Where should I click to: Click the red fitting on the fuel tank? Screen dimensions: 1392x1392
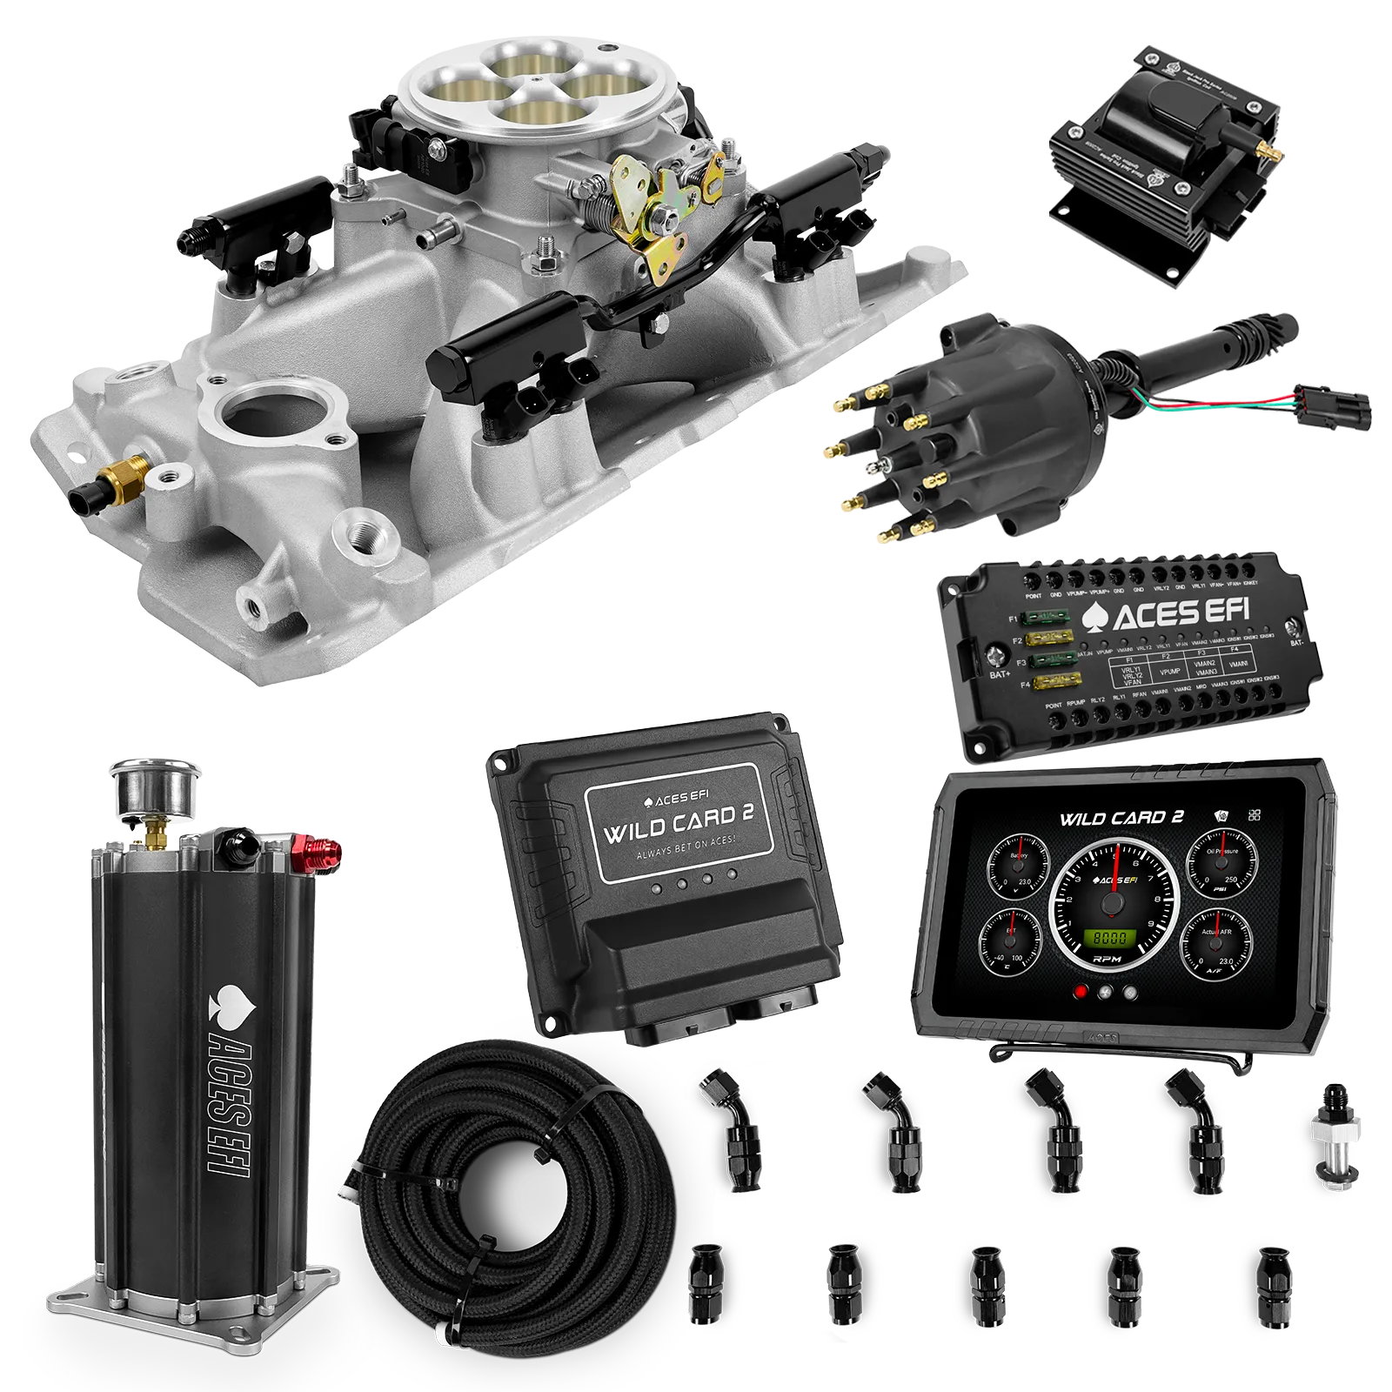(x=315, y=849)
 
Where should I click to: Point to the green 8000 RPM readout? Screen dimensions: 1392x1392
(x=1109, y=939)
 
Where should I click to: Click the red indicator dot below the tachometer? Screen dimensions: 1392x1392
(x=1081, y=993)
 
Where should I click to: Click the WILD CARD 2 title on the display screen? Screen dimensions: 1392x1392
(x=1121, y=818)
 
